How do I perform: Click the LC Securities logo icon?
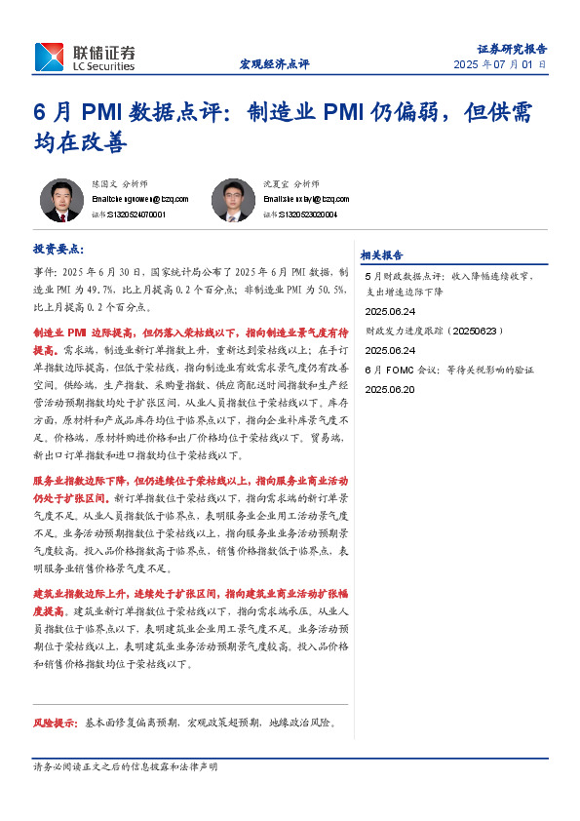[x=48, y=57]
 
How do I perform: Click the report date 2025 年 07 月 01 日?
[x=499, y=64]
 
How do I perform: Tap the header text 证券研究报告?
[x=512, y=48]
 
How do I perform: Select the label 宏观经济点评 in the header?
[x=274, y=64]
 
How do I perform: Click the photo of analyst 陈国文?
[x=61, y=200]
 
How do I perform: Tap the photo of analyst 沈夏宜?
[x=233, y=200]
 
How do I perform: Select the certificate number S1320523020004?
[x=306, y=214]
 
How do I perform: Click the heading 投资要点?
[x=58, y=250]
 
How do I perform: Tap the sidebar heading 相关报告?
[x=381, y=255]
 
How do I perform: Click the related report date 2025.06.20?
[x=389, y=388]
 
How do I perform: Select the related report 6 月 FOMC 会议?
[x=448, y=371]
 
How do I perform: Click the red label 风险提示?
[x=56, y=723]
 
